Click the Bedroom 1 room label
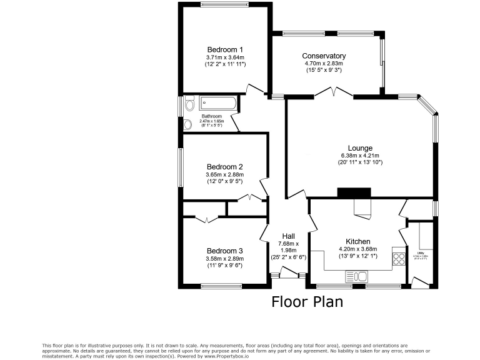click(224, 49)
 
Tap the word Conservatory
click(324, 56)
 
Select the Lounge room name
click(360, 148)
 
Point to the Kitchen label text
click(358, 241)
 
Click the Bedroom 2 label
click(224, 167)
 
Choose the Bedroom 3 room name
click(224, 251)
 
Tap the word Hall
click(288, 236)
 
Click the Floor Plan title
click(307, 302)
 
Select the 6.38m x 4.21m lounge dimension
click(360, 156)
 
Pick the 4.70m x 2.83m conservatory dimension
click(324, 64)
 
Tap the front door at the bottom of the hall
click(289, 272)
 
